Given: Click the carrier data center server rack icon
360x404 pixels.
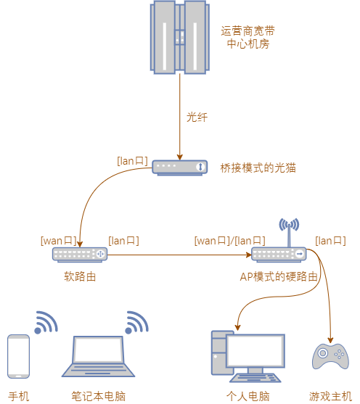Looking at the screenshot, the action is [x=180, y=38].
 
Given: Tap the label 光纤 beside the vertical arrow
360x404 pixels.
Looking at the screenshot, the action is [x=197, y=118].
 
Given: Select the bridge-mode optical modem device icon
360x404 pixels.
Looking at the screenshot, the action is [x=179, y=168].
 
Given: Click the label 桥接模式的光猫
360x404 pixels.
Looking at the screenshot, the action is [x=258, y=168].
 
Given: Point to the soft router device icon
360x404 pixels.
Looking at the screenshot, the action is [x=80, y=255].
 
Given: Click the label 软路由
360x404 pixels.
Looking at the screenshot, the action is [x=80, y=277].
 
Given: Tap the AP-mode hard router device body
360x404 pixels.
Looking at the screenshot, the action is [x=279, y=255].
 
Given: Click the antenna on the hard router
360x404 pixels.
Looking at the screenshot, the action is [x=289, y=233].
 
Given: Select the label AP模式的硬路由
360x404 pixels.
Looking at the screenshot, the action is [x=279, y=277].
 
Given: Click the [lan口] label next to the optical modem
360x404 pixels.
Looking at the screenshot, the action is [x=132, y=161].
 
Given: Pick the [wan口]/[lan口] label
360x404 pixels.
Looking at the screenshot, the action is [x=229, y=241].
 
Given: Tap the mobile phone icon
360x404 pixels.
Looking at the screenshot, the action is [x=18, y=357].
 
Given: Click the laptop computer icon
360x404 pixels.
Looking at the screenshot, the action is [x=98, y=357].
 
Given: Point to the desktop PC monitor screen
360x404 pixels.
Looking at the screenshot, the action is [x=255, y=350].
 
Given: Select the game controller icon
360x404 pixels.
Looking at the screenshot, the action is [x=330, y=356].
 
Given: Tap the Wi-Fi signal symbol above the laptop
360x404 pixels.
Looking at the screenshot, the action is [x=137, y=323].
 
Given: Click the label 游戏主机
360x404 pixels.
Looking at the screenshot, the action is [x=330, y=396].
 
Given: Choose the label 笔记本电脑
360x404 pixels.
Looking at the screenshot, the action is [x=98, y=396].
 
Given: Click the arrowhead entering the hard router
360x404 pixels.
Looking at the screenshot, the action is [x=249, y=255].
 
